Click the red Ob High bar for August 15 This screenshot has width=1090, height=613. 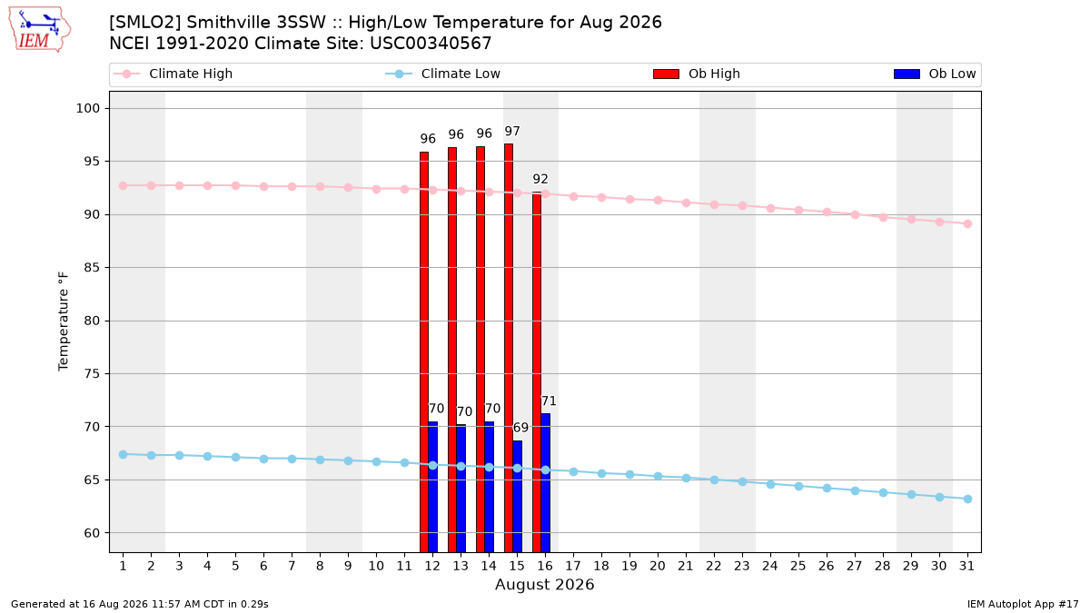[x=509, y=348]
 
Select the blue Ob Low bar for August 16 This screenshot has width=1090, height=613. [x=546, y=483]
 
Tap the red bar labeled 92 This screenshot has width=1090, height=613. [x=537, y=372]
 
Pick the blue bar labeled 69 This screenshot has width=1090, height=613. [x=517, y=497]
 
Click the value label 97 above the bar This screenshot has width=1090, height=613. [x=512, y=132]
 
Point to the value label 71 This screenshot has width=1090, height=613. [x=549, y=400]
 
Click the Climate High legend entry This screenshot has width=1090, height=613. [x=173, y=74]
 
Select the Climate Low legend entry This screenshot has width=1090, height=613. [x=443, y=74]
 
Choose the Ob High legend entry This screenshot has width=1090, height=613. [x=697, y=74]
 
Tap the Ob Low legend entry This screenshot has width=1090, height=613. [x=935, y=74]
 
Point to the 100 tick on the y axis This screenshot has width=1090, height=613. [x=87, y=108]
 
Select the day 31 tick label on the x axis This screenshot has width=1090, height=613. [x=966, y=566]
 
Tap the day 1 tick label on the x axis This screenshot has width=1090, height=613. [x=124, y=566]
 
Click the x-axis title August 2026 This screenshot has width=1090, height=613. [x=544, y=584]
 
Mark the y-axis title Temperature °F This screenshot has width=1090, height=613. [x=64, y=321]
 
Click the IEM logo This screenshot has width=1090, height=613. [x=39, y=30]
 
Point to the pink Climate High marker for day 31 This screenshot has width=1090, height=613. [x=968, y=223]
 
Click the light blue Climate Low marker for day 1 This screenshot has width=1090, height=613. [x=124, y=454]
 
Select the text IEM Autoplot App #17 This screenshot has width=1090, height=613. [x=1023, y=604]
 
